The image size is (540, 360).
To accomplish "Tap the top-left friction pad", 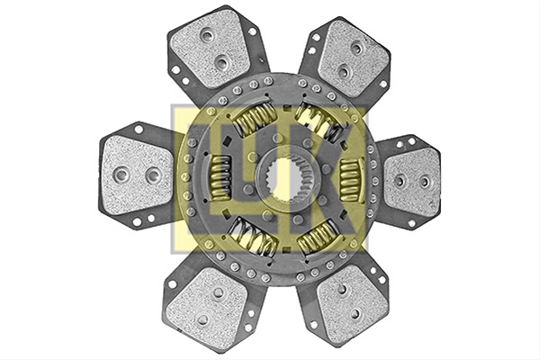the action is pyautogui.click(x=210, y=49).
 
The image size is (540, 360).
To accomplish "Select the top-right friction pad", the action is pyautogui.click(x=352, y=58).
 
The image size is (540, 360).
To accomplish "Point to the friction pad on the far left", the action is pyautogui.click(x=138, y=175).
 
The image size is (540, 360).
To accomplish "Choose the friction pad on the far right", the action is pyautogui.click(x=413, y=183).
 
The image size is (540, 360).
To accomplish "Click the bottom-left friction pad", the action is pyautogui.click(x=207, y=307).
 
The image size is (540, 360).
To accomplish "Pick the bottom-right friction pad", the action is pyautogui.click(x=352, y=306).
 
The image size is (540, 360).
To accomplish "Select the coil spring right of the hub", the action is pyautogui.click(x=351, y=181).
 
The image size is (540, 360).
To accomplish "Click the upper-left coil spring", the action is pyautogui.click(x=254, y=119).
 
